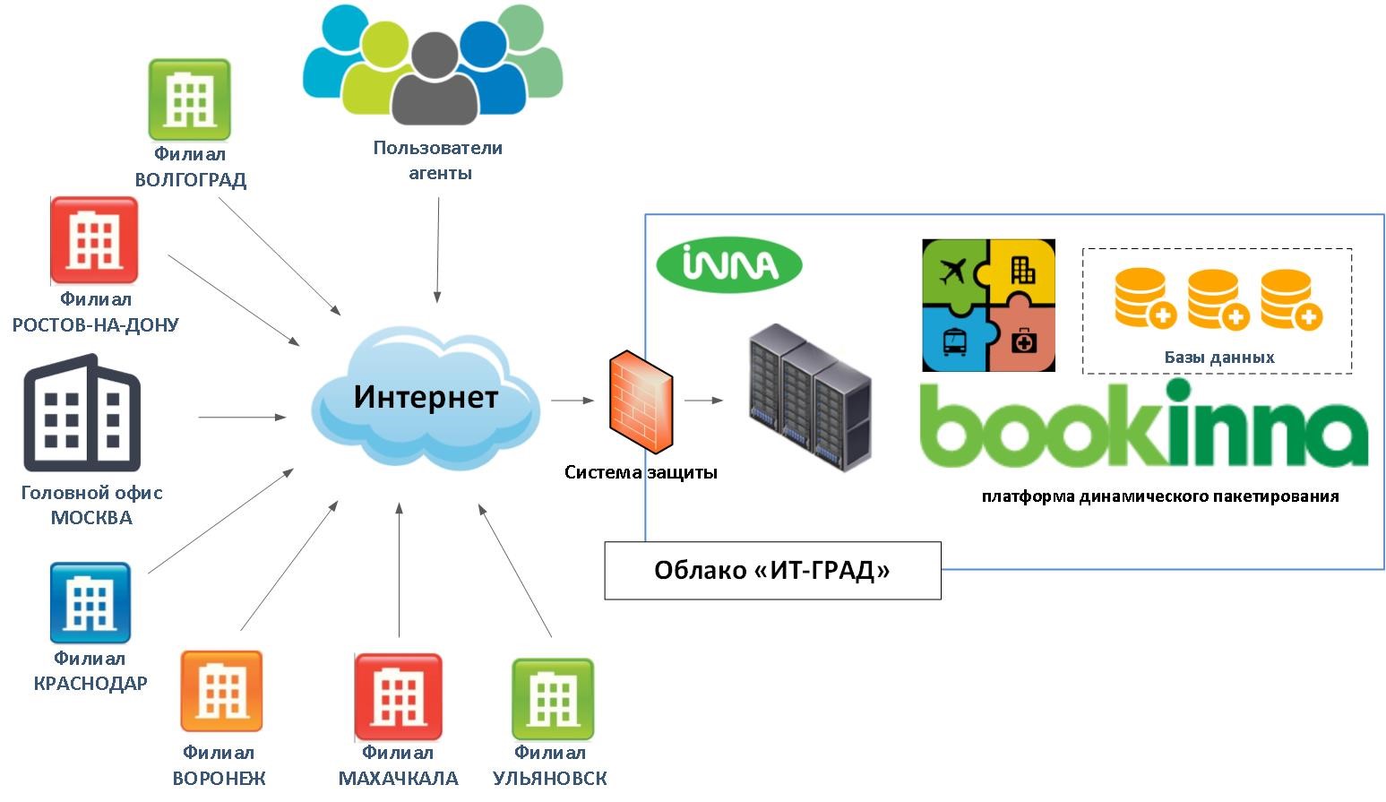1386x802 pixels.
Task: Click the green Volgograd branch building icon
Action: coord(189,99)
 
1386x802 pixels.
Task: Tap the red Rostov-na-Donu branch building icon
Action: coord(94,240)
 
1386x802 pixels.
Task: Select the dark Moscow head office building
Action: coord(82,413)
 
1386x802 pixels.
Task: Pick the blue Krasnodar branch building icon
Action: coord(90,603)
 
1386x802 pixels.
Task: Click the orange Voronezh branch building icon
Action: coord(221,691)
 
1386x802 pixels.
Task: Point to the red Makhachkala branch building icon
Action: coord(398,696)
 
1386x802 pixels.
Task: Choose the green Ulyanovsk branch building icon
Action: coord(553,699)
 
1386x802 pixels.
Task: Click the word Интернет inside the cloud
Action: coord(426,396)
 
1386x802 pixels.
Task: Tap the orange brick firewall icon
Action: coord(641,401)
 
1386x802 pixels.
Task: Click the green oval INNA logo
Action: coord(729,264)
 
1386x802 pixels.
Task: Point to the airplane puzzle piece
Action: coord(954,271)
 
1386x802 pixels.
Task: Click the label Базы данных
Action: coord(1218,358)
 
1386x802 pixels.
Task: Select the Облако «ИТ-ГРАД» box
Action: coord(772,570)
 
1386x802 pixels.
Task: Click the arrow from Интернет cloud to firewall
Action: coord(573,401)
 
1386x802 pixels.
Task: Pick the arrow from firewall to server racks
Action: coord(704,401)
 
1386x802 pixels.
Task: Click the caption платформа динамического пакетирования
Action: coord(1159,496)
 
